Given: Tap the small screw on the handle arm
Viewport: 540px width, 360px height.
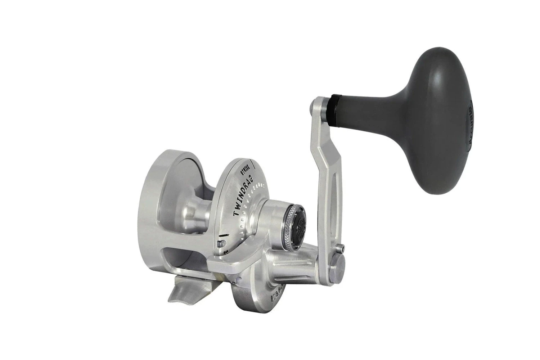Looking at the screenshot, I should (x=341, y=247).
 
